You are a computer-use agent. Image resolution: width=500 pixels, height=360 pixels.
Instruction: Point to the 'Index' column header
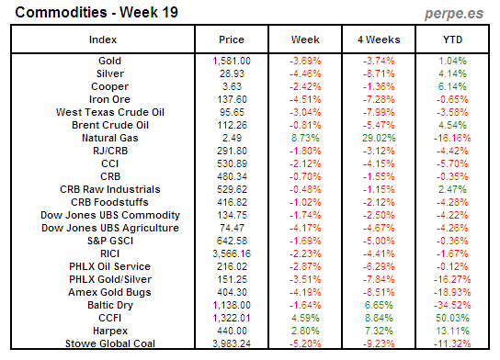(103, 40)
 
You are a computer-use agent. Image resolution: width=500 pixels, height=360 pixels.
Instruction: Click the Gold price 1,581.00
(231, 60)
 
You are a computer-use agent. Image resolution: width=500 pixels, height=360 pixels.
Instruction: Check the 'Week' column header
(305, 40)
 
